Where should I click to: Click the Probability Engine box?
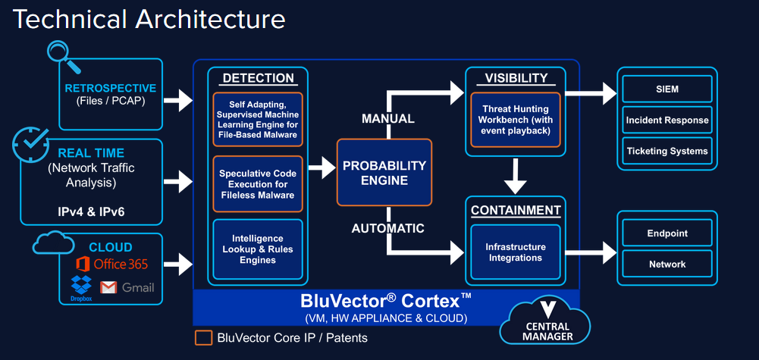[x=384, y=172]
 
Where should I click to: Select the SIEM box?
[x=667, y=89]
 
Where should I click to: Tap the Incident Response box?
[x=667, y=120]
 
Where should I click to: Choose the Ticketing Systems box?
[x=667, y=151]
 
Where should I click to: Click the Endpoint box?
[x=667, y=233]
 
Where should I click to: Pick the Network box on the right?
[x=667, y=264]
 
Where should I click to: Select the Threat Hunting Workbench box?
[x=515, y=119]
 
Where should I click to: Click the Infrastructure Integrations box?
[x=515, y=252]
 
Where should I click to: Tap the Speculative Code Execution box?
[x=258, y=184]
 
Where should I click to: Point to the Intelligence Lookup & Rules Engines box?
[x=258, y=249]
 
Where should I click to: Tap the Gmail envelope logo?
[x=109, y=287]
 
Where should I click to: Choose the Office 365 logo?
[x=83, y=264]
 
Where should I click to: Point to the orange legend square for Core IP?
[x=202, y=337]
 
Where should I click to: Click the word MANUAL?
[x=387, y=118]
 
